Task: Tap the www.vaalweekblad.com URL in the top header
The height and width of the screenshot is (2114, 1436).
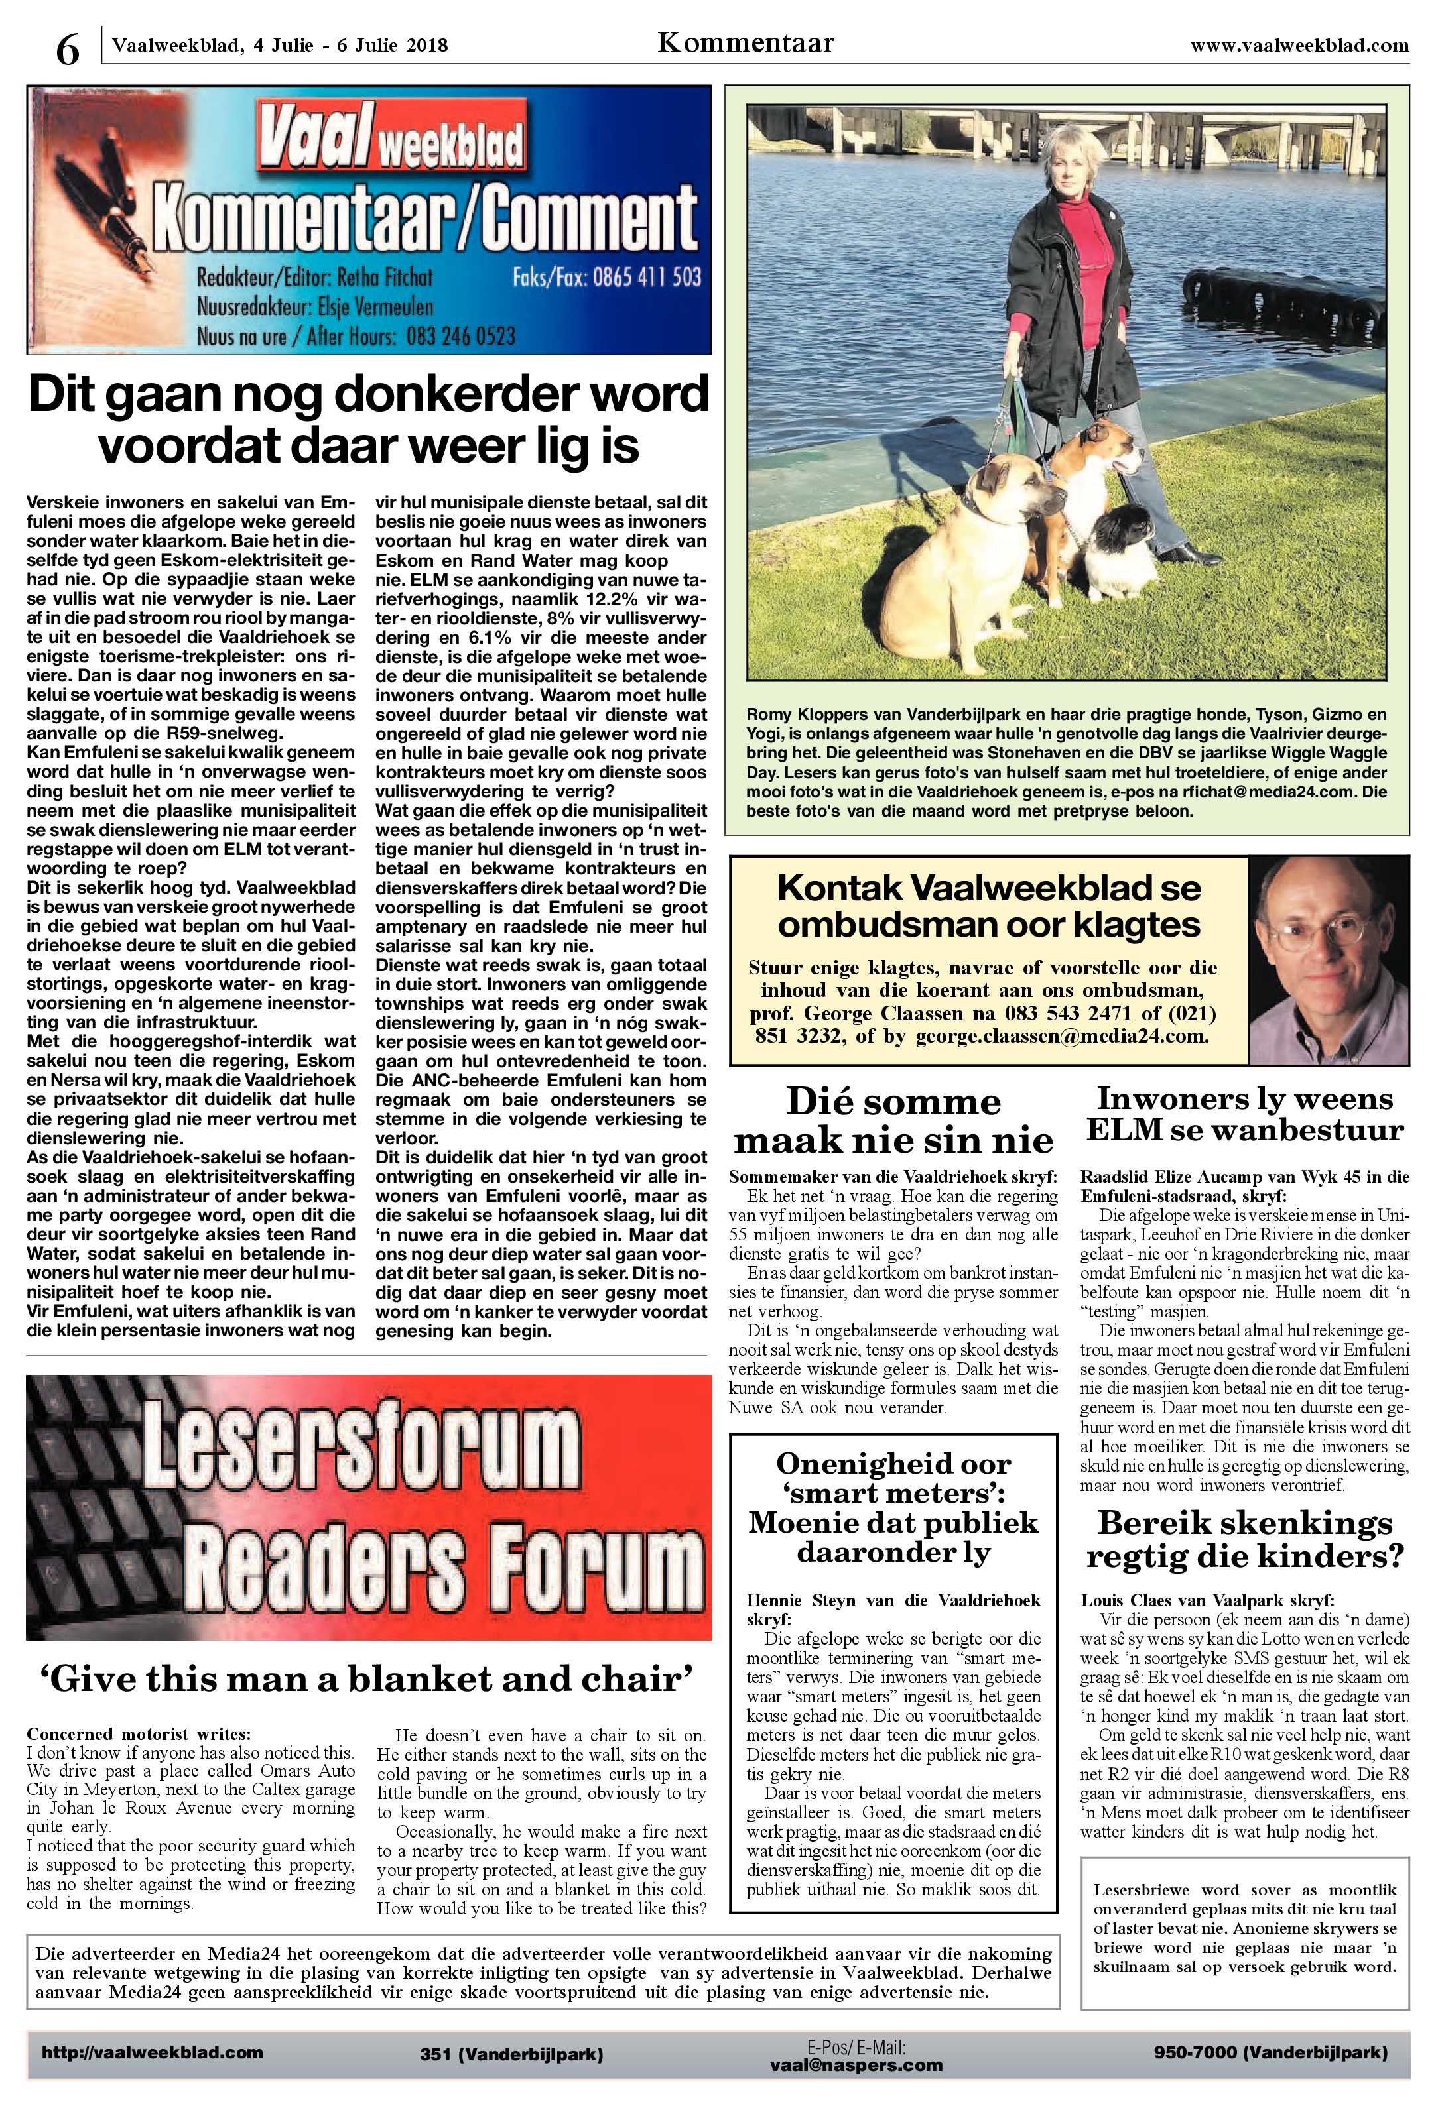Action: point(1299,44)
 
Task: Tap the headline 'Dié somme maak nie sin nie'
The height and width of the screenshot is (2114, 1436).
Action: point(893,1121)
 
